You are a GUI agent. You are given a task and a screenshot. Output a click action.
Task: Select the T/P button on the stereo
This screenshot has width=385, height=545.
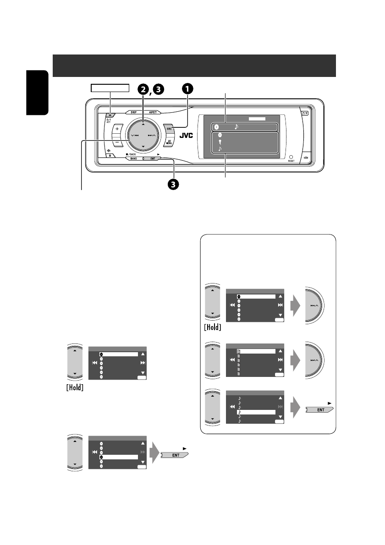[304, 113]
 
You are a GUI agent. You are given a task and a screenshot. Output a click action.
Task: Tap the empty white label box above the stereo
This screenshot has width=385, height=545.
[110, 88]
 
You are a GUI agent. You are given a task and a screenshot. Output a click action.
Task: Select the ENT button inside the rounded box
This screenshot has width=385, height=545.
[320, 409]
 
